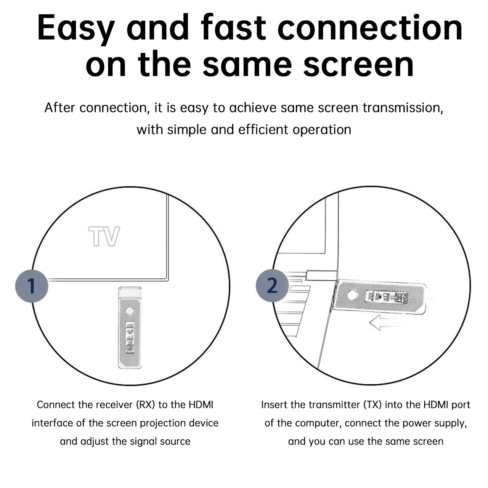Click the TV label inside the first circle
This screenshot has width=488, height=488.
[104, 236]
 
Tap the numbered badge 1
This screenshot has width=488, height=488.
[32, 286]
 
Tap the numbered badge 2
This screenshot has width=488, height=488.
[272, 286]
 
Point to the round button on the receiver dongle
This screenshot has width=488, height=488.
[130, 311]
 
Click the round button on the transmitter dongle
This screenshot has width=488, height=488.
[352, 295]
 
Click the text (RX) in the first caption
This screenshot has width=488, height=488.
[145, 405]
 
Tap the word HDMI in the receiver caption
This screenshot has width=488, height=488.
[201, 405]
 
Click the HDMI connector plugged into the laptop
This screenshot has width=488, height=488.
[321, 275]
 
